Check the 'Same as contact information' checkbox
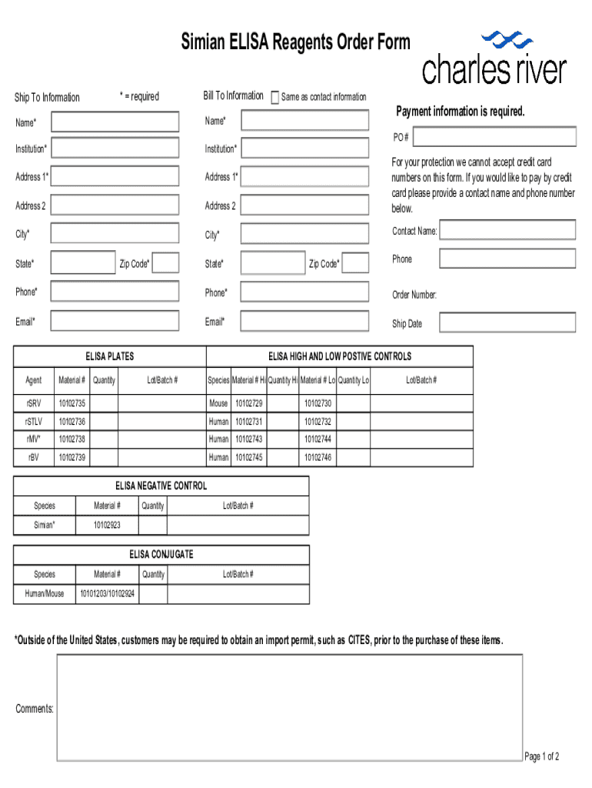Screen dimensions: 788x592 (x=275, y=97)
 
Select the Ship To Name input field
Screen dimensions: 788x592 (x=115, y=122)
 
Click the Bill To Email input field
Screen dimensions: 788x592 (x=306, y=321)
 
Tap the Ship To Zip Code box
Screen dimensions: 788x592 (x=166, y=263)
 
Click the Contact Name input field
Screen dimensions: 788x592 (x=507, y=230)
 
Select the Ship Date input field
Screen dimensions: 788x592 (x=507, y=322)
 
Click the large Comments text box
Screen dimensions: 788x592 (x=290, y=707)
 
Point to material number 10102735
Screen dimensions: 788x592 (x=72, y=403)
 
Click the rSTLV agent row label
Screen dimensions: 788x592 (x=34, y=422)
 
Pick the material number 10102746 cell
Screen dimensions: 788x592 (x=318, y=458)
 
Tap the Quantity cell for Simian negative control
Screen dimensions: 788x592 (x=153, y=526)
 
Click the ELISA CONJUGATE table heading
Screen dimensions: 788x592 (x=161, y=554)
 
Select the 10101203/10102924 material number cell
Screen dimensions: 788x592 (x=107, y=593)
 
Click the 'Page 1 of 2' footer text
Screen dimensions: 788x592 (x=541, y=756)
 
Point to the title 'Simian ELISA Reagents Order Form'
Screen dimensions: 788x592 (x=296, y=42)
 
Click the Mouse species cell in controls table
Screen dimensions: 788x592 (x=218, y=403)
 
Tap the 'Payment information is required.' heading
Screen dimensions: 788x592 (x=460, y=112)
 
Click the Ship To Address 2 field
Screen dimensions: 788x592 (x=115, y=205)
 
